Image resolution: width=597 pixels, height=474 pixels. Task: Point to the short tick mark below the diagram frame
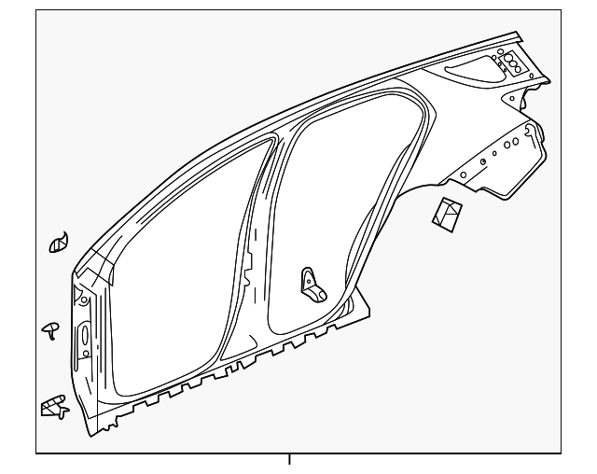[289, 458]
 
